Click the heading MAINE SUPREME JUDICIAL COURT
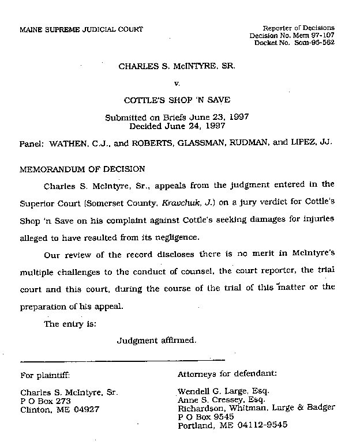81,29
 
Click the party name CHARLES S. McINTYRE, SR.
177,66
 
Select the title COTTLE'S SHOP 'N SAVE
177,100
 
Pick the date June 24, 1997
199,126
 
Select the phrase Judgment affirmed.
157,340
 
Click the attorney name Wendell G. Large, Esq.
223,391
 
